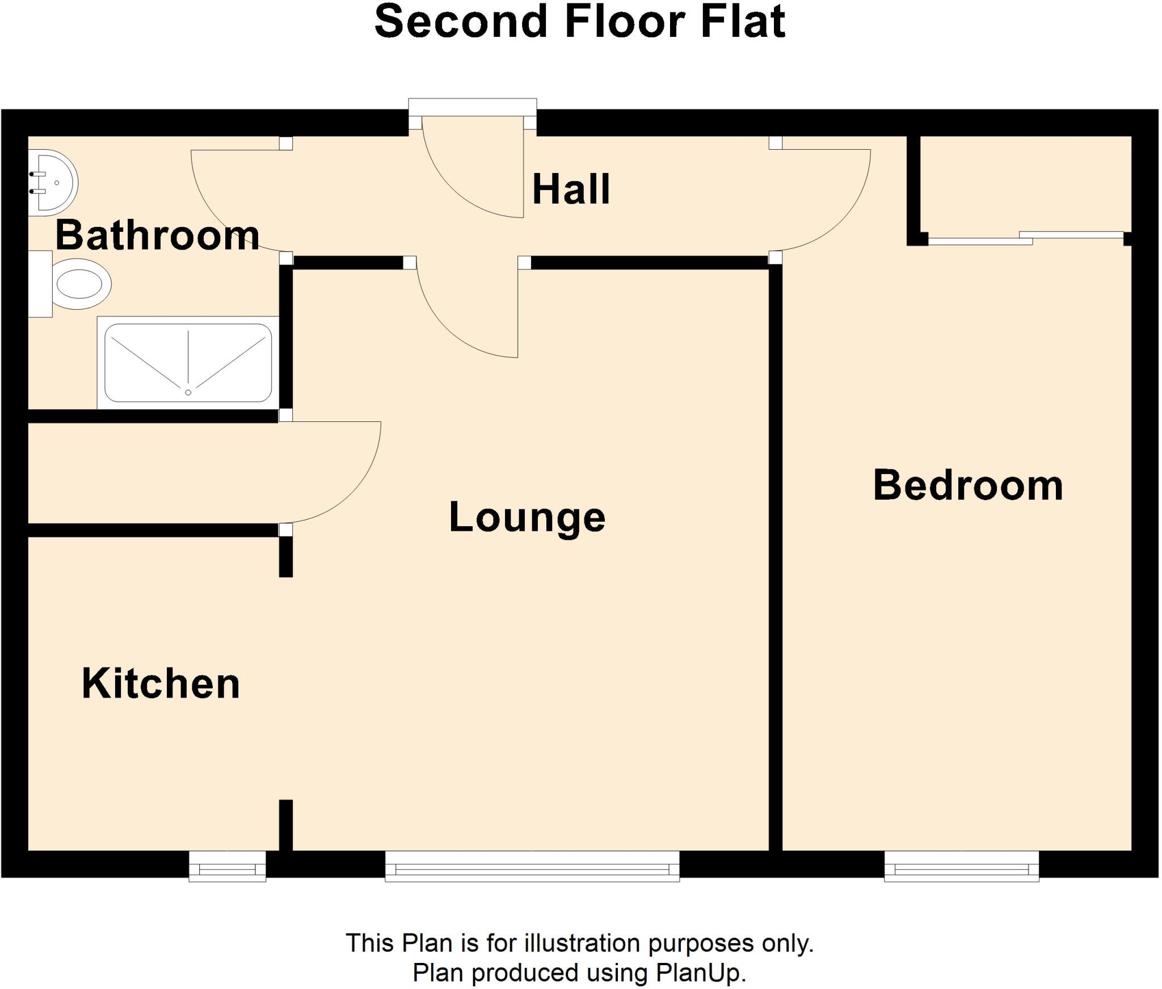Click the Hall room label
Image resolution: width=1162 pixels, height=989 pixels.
571,189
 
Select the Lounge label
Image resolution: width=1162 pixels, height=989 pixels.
527,517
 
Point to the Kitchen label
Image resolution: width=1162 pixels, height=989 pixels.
161,683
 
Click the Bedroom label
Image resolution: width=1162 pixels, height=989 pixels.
968,485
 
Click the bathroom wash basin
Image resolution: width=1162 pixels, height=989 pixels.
54,183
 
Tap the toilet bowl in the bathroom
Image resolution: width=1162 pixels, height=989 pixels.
82,284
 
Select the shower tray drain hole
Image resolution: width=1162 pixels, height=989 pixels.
188,392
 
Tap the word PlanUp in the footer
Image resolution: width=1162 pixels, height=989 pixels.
700,973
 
